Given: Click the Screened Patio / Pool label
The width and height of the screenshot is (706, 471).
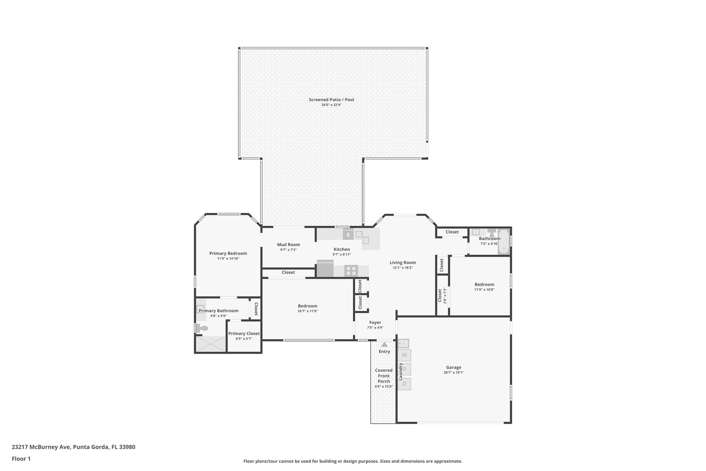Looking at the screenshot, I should pyautogui.click(x=331, y=100).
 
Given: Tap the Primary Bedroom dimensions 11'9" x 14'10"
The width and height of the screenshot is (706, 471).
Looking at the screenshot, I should pyautogui.click(x=228, y=258).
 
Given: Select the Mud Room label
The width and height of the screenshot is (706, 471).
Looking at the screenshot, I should pyautogui.click(x=288, y=245).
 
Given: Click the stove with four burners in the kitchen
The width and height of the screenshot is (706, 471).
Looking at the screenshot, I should pyautogui.click(x=351, y=271).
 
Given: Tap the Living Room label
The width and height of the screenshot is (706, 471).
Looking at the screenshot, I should pyautogui.click(x=402, y=263).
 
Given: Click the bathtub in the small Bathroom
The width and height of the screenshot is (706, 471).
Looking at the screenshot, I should pyautogui.click(x=504, y=242).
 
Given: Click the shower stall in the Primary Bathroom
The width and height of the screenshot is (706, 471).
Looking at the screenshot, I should pyautogui.click(x=210, y=344).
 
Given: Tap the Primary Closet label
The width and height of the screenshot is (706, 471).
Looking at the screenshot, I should pyautogui.click(x=244, y=333).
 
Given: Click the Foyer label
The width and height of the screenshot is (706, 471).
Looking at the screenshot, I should pyautogui.click(x=375, y=323).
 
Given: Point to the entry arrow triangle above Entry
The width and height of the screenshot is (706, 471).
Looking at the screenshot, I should pyautogui.click(x=384, y=344).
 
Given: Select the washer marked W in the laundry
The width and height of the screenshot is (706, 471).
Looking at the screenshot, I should pyautogui.click(x=404, y=355).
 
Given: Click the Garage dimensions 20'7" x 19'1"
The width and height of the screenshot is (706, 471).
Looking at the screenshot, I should pyautogui.click(x=453, y=373).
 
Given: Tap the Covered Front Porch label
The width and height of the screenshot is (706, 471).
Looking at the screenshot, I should pyautogui.click(x=384, y=376).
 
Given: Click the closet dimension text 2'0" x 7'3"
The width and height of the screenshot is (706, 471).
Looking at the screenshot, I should pyautogui.click(x=445, y=295).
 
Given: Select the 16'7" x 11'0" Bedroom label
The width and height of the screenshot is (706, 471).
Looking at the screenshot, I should pyautogui.click(x=307, y=306).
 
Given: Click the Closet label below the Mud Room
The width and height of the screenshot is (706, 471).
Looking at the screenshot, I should pyautogui.click(x=288, y=273).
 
